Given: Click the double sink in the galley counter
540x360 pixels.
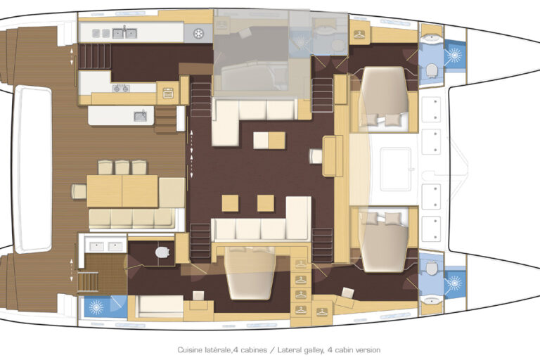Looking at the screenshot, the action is pos(124,33).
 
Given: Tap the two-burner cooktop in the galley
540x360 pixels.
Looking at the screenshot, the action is pos(121,89).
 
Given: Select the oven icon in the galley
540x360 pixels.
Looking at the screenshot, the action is pos(168,93).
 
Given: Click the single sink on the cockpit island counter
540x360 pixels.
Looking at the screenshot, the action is pos(140,116).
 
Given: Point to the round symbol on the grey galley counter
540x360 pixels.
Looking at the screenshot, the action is pos(198,34).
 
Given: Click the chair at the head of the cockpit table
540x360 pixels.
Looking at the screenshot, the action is pos(79,191).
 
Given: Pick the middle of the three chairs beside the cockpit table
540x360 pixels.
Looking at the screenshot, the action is pos(122,167).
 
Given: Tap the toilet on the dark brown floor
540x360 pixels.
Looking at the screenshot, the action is pos(162,252).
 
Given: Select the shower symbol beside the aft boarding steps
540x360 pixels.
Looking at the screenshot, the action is pos(96,307).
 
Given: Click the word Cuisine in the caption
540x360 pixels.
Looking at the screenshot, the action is pos(190,350).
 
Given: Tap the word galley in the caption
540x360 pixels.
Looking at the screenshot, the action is pos(311,350).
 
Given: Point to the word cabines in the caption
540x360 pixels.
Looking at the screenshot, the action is pos(253,350).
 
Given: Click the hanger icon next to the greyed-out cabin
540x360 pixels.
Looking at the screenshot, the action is pos(359,34).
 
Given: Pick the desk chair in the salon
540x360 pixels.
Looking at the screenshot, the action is pos(316,156).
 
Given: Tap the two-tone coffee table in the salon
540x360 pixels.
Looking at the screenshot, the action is pos(269,140).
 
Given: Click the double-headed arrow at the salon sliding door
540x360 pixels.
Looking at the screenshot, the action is pos(191,154).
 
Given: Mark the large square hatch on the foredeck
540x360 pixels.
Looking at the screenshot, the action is pos(396,169).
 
